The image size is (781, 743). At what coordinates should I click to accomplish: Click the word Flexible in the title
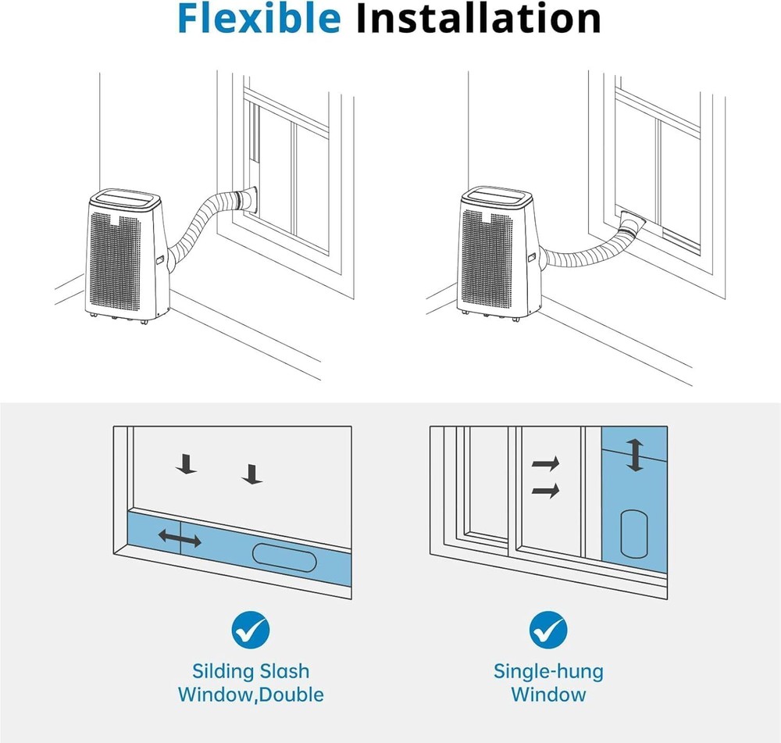[x=259, y=19]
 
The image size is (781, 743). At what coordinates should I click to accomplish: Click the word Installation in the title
[x=478, y=19]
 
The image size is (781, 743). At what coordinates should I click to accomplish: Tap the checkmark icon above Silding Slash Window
[x=251, y=629]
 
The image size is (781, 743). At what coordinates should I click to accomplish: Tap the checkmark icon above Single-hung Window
[x=548, y=629]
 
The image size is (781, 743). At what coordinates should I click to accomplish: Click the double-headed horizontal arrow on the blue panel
[x=180, y=538]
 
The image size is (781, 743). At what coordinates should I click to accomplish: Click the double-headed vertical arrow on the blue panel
[x=636, y=455]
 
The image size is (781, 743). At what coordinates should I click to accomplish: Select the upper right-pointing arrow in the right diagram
[x=546, y=463]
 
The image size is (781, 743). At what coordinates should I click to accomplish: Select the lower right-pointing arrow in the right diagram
[x=546, y=491]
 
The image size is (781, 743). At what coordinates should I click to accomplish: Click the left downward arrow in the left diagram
[x=186, y=466]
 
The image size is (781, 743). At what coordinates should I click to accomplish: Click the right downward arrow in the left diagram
[x=250, y=473]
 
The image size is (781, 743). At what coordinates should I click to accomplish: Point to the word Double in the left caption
[x=291, y=695]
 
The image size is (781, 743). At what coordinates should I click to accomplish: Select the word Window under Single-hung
[x=548, y=695]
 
